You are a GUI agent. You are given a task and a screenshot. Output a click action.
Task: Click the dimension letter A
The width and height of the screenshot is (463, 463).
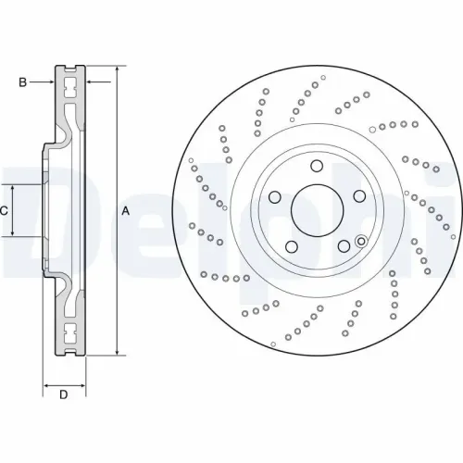126,211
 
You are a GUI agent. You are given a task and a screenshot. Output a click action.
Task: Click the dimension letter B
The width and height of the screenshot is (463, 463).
22,82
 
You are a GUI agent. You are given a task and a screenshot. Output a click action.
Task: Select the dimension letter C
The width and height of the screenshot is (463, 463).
5,211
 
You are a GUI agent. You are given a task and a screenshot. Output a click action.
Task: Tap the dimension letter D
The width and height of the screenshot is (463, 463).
64,396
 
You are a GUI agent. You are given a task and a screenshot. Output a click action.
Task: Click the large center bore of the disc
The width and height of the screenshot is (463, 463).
316,211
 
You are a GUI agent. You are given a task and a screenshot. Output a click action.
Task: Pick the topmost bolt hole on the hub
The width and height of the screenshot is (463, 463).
316,168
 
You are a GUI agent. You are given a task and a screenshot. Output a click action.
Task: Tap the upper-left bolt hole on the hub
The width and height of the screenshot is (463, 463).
275,197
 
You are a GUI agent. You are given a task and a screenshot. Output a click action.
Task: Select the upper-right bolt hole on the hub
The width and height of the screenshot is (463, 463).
357,197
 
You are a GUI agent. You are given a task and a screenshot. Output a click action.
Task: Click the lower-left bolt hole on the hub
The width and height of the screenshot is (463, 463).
290,246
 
